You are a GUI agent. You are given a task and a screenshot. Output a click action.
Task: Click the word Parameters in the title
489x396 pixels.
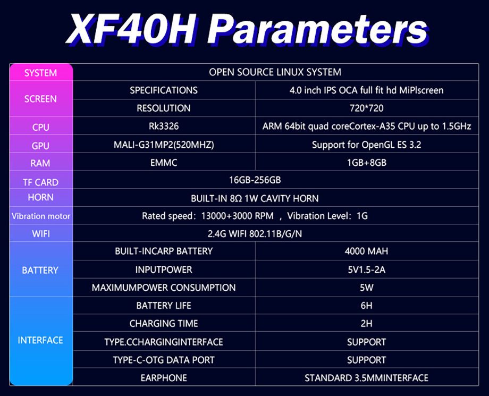pos(317,30)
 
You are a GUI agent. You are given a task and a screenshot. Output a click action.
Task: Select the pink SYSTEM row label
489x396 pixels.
pos(40,73)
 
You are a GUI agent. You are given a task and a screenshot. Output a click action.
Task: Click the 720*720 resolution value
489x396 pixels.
pos(366,108)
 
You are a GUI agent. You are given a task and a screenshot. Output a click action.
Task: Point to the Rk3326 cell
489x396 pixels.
pos(164,126)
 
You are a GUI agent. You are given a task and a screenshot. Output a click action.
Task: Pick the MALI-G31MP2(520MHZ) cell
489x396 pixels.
pos(164,145)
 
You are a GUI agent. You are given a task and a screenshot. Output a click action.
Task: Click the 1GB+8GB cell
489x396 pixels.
pos(366,163)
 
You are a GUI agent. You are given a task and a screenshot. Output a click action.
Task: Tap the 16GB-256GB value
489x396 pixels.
pos(255,180)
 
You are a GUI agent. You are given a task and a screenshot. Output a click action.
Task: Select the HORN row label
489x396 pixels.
pos(40,197)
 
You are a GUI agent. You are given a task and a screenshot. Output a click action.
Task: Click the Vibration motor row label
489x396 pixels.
pos(41,216)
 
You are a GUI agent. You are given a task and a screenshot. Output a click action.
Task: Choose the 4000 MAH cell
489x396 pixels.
pos(366,251)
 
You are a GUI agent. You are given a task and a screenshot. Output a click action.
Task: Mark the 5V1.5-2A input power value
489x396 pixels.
pos(366,269)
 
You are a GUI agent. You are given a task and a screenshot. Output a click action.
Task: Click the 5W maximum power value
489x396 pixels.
pos(366,288)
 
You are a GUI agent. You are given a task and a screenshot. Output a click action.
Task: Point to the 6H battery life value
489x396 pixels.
pos(366,306)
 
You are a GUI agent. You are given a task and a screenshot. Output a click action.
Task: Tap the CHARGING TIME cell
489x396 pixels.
pos(164,323)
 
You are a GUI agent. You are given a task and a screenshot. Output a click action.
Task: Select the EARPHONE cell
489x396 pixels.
pos(164,378)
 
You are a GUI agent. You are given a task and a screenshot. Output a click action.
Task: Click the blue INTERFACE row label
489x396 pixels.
pos(40,340)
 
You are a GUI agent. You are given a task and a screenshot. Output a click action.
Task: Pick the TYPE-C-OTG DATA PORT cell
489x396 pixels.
pos(164,360)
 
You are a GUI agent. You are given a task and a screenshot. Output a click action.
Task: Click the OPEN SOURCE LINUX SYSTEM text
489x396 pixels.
pos(275,72)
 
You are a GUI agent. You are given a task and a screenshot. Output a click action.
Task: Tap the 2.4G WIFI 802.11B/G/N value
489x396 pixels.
pos(255,233)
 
